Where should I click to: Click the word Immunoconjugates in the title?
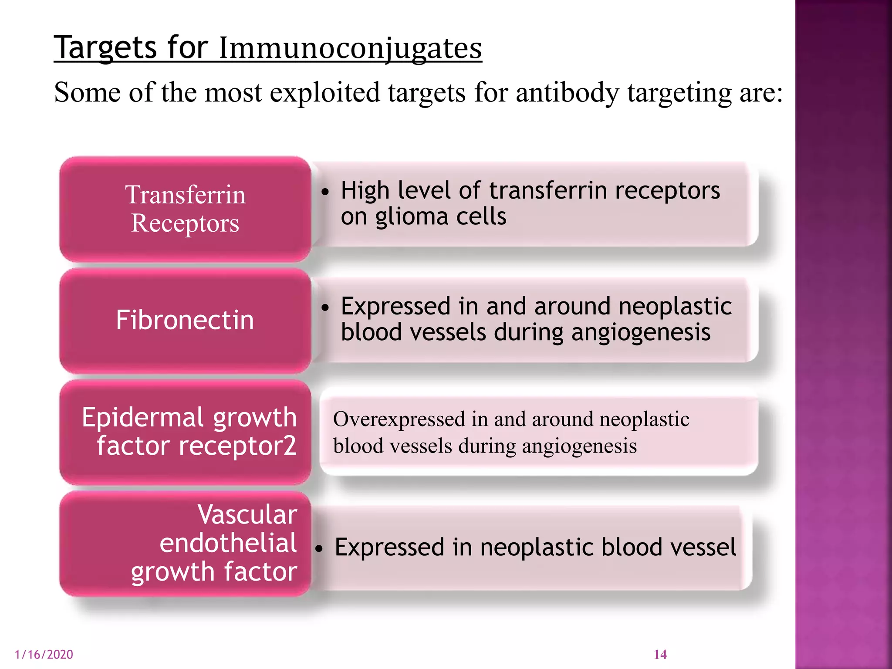click(x=350, y=48)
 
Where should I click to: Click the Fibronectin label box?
click(x=185, y=321)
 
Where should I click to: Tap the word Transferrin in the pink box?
click(x=186, y=195)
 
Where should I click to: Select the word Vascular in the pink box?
click(x=247, y=515)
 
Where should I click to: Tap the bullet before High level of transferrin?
click(x=324, y=192)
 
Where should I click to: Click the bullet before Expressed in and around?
click(x=324, y=307)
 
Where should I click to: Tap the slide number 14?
click(x=660, y=655)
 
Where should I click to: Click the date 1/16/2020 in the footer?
click(x=44, y=655)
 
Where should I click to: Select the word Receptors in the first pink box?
click(x=185, y=224)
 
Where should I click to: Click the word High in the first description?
click(x=365, y=191)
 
